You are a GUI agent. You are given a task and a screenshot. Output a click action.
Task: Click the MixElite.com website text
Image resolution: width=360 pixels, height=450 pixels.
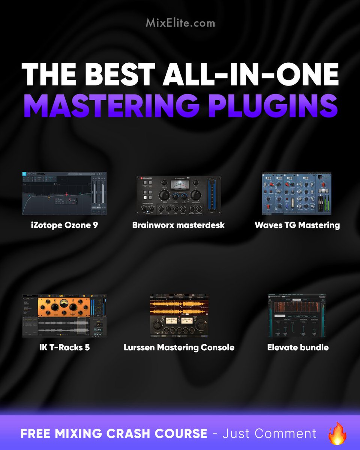tap(180, 23)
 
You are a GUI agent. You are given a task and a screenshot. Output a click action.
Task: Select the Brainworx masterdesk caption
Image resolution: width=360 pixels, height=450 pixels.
tap(178, 225)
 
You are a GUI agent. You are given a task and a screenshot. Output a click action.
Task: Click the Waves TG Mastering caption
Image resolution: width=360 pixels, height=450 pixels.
tap(297, 225)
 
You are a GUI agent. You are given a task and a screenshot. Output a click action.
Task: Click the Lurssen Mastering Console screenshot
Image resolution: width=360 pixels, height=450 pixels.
tap(179, 315)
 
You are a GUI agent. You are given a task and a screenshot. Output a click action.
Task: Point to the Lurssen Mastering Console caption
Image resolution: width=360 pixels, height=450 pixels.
tap(179, 347)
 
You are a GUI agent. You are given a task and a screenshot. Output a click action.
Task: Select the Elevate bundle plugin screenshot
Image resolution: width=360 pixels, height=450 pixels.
tap(297, 315)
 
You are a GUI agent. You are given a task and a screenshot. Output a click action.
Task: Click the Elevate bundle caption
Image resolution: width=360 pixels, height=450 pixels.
tap(298, 347)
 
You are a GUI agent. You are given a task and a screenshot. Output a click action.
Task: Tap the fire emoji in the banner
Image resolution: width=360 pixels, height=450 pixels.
tap(336, 433)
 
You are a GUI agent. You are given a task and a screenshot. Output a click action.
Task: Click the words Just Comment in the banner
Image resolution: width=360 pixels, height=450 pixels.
tap(269, 434)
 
